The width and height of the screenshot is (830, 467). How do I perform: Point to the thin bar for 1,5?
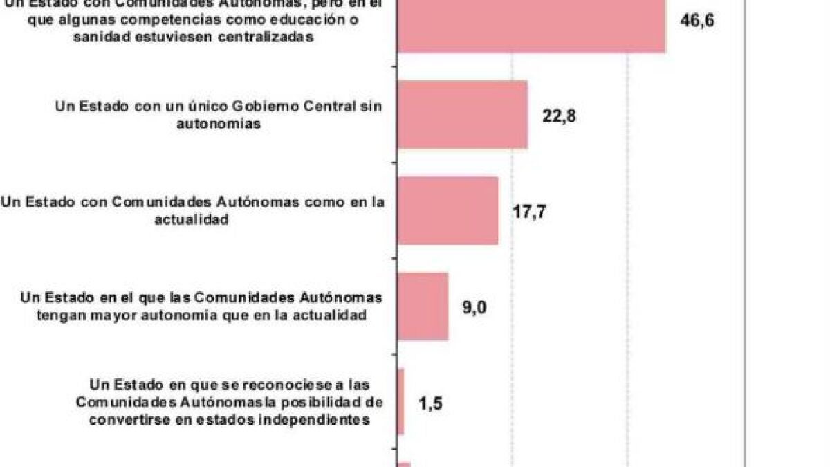(400, 402)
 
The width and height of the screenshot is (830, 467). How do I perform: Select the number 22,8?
(559, 115)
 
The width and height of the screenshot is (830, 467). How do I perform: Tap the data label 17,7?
(529, 211)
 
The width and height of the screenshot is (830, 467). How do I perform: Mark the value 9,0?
(475, 306)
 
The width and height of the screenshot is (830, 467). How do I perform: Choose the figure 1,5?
(431, 403)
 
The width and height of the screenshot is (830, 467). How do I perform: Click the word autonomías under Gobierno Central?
(218, 124)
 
